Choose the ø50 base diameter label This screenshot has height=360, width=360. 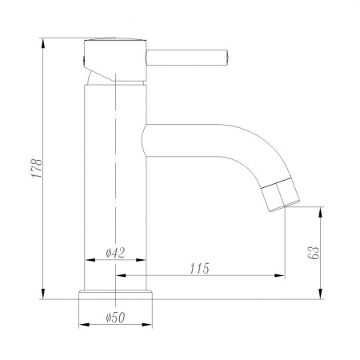[x=118, y=318]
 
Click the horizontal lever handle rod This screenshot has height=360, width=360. [x=188, y=55]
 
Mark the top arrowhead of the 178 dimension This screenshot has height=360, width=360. [x=42, y=41]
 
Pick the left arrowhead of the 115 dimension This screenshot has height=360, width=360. [x=121, y=276]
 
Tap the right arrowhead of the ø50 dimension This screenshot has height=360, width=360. [x=150, y=326]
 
